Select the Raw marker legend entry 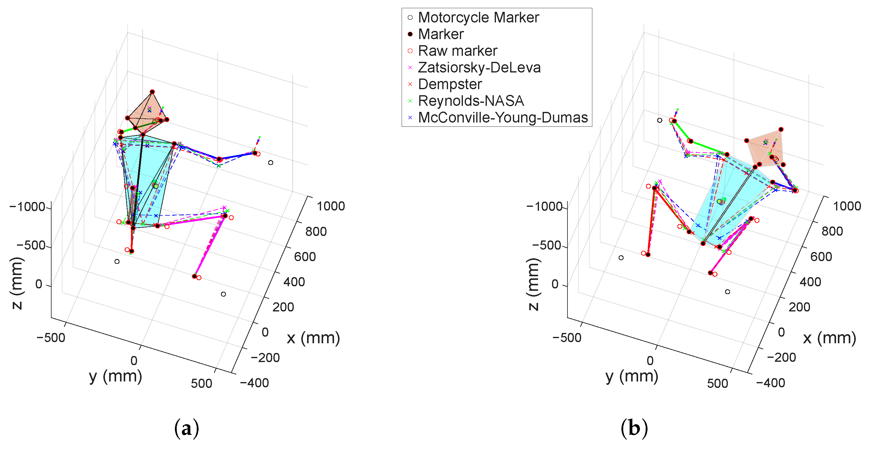pos(453,51)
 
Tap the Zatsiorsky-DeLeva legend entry pos(474,68)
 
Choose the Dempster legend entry pos(445,84)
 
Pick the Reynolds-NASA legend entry pos(466,101)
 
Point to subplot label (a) pos(186,428)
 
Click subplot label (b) pos(634,428)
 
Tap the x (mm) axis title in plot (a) pos(313,338)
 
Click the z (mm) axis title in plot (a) pos(17,284)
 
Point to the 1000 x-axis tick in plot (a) pos(331,206)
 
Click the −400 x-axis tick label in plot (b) pos(771,383)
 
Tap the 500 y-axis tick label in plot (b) pos(718,384)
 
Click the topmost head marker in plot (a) pos(152,92)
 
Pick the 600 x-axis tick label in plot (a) pos(305,257)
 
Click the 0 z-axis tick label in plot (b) pos(555,284)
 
